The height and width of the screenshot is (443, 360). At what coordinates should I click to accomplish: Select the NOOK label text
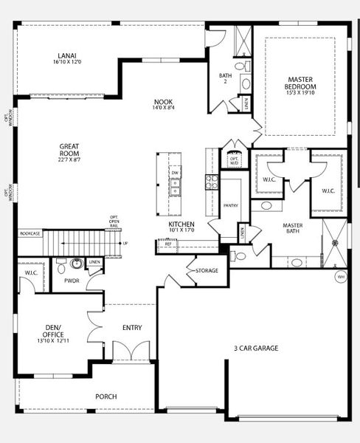coord(164,104)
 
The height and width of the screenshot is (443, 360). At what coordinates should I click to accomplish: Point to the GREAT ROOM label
coord(69,151)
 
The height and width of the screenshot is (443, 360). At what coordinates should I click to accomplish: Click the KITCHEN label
coord(181,224)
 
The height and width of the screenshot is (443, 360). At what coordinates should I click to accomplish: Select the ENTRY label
coord(133,328)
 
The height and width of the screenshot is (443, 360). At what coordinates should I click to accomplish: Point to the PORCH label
coord(106,396)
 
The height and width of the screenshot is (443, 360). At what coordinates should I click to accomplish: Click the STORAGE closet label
coord(207,271)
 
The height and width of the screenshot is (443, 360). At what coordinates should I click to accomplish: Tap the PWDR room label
coord(72,281)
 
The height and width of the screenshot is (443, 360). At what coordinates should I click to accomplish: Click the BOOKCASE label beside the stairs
coord(31,233)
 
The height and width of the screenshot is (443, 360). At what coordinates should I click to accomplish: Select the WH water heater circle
coord(341,277)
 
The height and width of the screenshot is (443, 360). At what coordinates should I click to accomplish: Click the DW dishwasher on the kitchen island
coord(176,174)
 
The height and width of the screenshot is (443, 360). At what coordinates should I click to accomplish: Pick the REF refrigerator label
coord(168,244)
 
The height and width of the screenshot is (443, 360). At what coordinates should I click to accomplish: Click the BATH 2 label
coord(225,78)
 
